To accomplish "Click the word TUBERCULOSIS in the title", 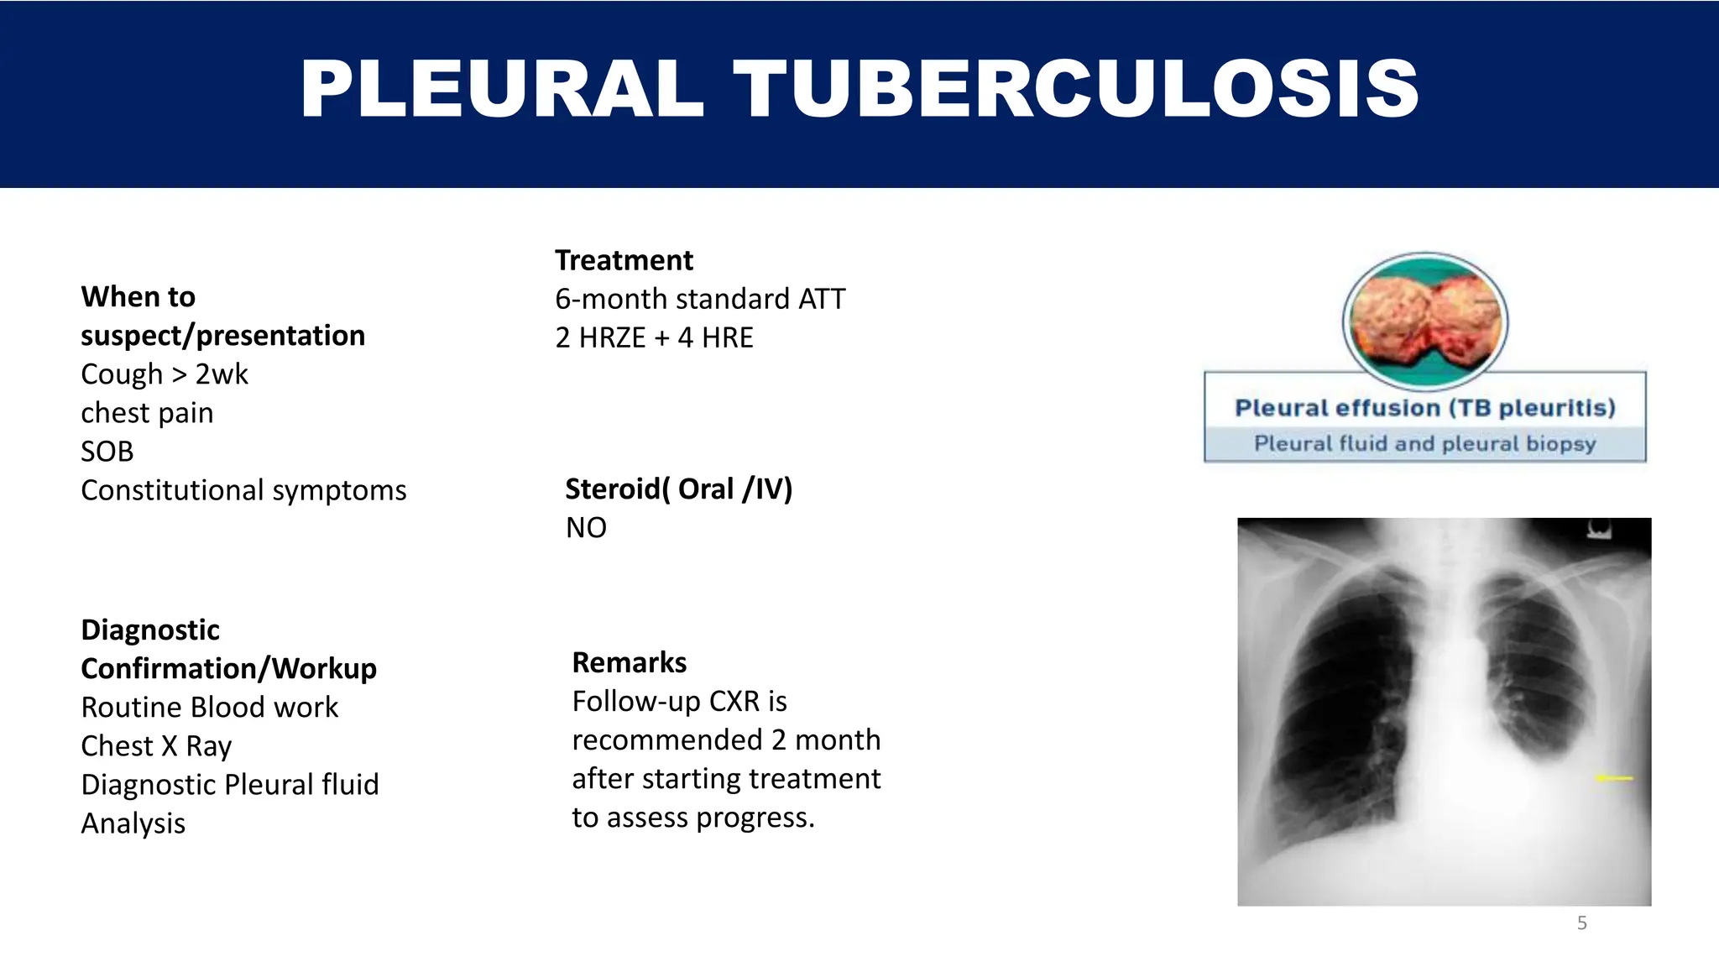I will click(1076, 89).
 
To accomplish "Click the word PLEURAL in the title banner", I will click(502, 89).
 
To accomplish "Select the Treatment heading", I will click(624, 260).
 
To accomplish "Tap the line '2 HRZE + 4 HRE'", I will click(654, 337).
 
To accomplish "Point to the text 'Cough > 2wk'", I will click(165, 374).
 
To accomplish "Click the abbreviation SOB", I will click(107, 452).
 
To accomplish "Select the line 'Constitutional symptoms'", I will click(243, 490).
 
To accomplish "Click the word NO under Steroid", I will click(586, 528).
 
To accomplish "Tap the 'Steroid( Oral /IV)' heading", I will click(678, 489).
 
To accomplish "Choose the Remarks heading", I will click(629, 662).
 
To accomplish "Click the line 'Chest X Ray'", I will click(156, 746).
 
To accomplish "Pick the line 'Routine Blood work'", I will click(209, 708).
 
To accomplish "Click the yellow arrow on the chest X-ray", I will click(1613, 778).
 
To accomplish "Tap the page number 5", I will click(1581, 923).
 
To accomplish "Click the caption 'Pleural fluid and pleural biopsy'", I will click(1424, 444).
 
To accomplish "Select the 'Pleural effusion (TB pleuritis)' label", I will click(1424, 408).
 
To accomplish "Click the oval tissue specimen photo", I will click(1424, 321).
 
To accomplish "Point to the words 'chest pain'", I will click(147, 413).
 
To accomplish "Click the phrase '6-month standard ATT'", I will click(700, 299).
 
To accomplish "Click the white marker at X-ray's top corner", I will click(1598, 530).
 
